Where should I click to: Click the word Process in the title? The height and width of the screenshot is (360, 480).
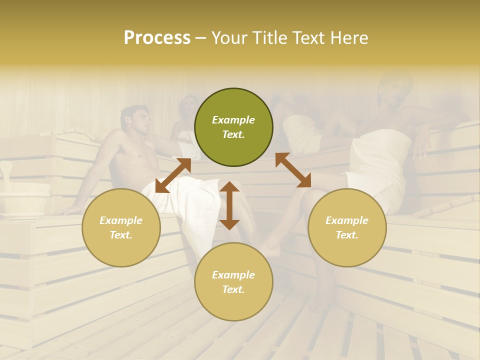(x=157, y=38)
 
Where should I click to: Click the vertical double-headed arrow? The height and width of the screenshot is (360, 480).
(x=229, y=205)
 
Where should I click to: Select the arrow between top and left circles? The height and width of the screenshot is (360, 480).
(x=173, y=175)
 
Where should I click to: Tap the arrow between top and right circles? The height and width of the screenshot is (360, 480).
(x=293, y=170)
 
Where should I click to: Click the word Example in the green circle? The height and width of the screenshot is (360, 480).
(x=233, y=120)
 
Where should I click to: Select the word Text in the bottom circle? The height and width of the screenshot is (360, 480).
(x=233, y=289)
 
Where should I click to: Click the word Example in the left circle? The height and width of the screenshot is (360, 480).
(x=121, y=220)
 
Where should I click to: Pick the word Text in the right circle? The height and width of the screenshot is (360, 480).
(x=347, y=235)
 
